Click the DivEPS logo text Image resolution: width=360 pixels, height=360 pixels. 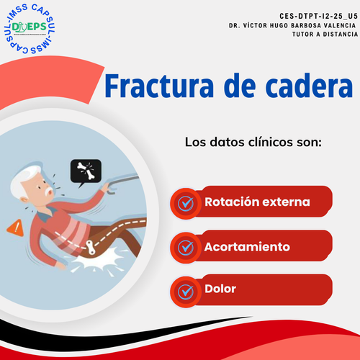[x=30, y=27]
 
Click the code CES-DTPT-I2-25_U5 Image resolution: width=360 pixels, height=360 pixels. [x=318, y=16]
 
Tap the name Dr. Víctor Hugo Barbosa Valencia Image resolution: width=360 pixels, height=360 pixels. [x=292, y=25]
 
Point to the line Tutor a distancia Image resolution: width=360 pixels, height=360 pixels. [x=325, y=35]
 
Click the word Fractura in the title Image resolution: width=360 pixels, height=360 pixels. [x=159, y=86]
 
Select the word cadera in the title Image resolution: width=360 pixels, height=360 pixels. [x=309, y=86]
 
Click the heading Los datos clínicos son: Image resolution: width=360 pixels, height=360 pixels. [x=253, y=142]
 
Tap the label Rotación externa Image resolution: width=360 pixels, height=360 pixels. [x=257, y=202]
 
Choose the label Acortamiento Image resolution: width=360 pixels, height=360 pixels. [x=247, y=247]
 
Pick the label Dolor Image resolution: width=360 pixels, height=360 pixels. [x=220, y=289]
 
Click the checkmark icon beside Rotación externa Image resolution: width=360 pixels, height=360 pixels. [x=186, y=204]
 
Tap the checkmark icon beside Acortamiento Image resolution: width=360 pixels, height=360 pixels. [x=186, y=248]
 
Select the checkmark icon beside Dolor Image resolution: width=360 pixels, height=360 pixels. [x=186, y=292]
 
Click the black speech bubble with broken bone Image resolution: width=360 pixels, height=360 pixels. [x=86, y=172]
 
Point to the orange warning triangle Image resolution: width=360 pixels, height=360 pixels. [x=15, y=228]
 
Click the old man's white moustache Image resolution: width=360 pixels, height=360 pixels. [x=49, y=191]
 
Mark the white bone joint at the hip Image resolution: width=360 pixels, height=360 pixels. [x=91, y=247]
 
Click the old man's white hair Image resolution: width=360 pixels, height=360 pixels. [x=24, y=178]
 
